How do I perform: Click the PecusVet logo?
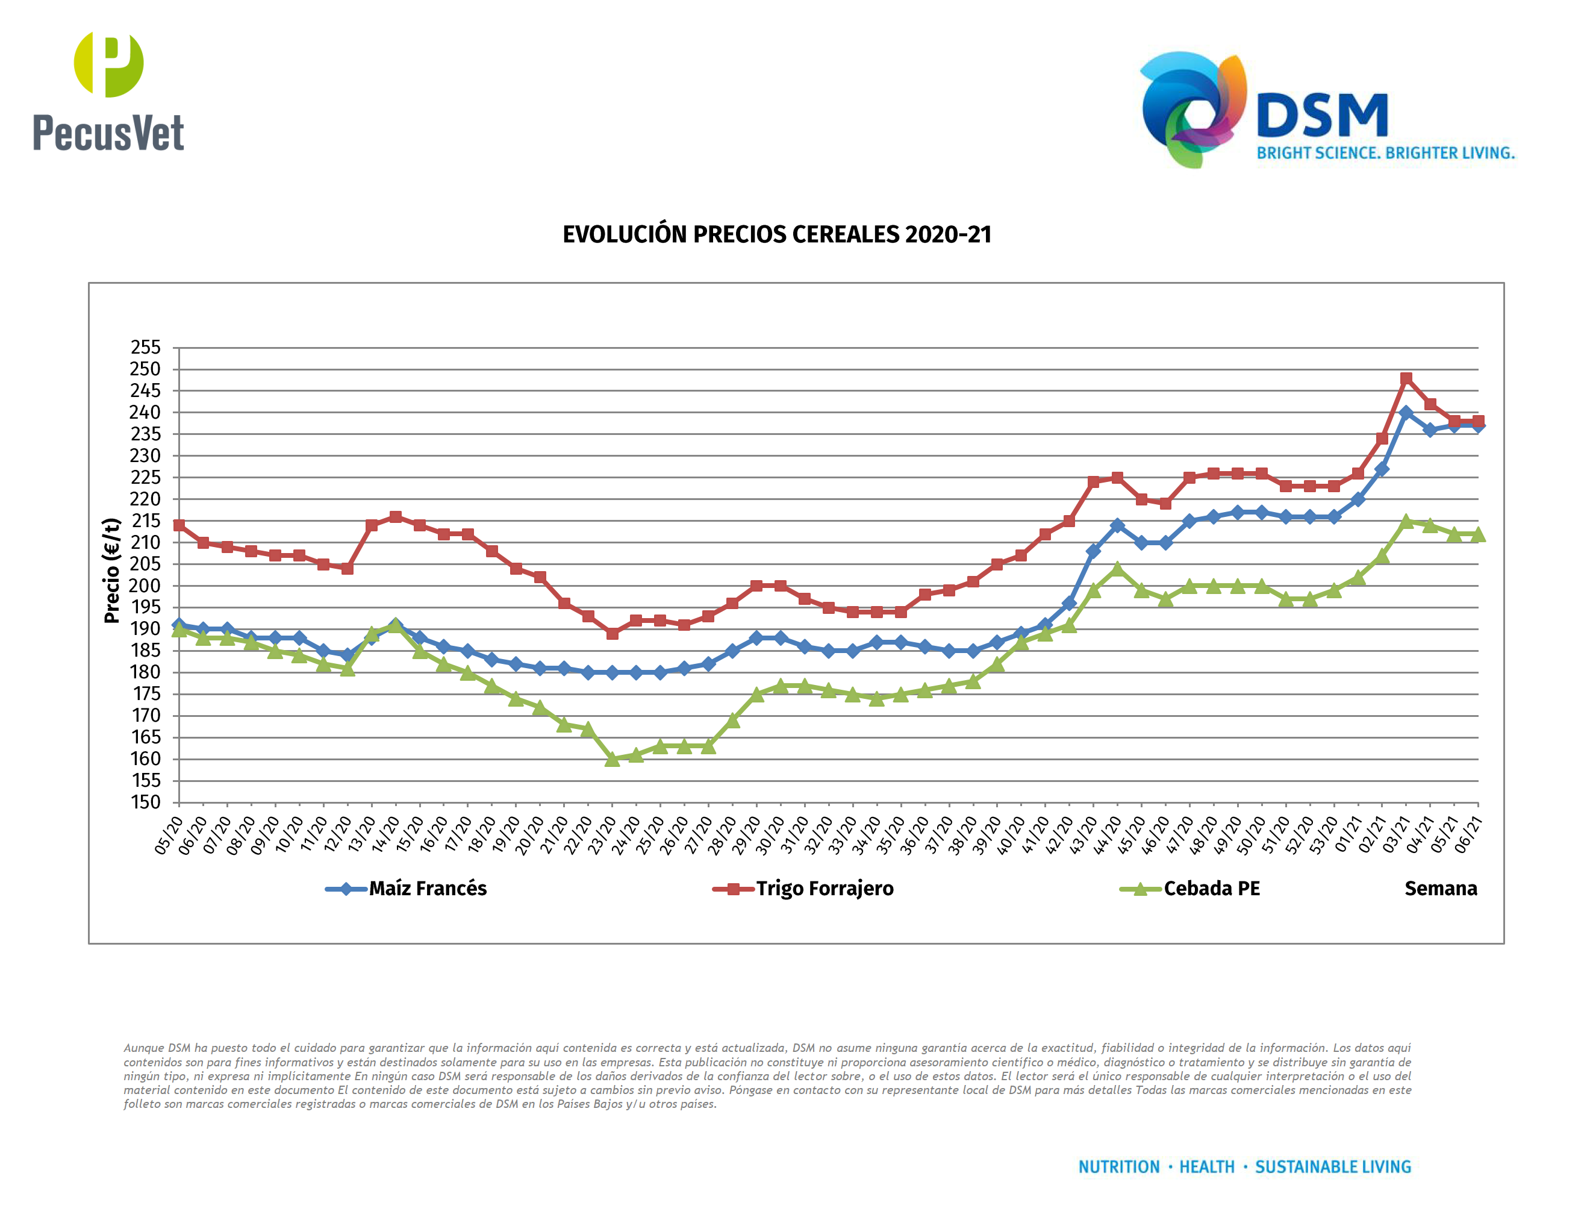point(108,91)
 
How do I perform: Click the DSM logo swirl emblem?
point(1192,109)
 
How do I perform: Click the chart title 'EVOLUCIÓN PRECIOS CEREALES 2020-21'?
point(777,234)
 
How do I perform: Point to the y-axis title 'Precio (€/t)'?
point(111,571)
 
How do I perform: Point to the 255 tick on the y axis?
point(146,347)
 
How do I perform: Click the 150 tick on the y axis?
point(146,802)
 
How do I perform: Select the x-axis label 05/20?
point(168,836)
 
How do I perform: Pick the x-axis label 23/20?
point(601,836)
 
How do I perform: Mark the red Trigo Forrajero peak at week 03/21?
point(1406,378)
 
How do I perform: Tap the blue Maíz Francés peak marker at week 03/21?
point(1406,413)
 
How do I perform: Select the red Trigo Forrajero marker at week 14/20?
point(395,517)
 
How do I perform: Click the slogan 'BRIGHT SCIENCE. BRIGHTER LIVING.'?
point(1385,153)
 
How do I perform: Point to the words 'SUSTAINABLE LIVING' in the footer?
point(1332,1167)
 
